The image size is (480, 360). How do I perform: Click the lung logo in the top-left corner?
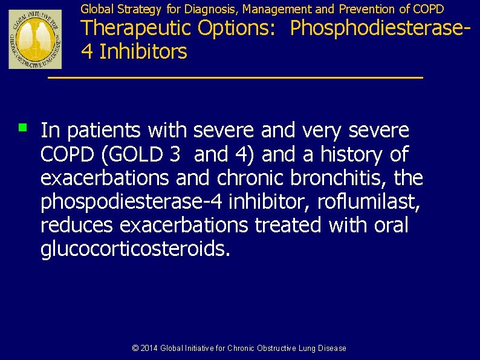tap(35, 39)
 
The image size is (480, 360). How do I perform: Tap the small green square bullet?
tap(22, 127)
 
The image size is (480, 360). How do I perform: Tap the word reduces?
tap(77, 225)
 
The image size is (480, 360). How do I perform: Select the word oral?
tap(391, 225)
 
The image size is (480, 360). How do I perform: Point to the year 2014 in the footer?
tap(149, 348)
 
